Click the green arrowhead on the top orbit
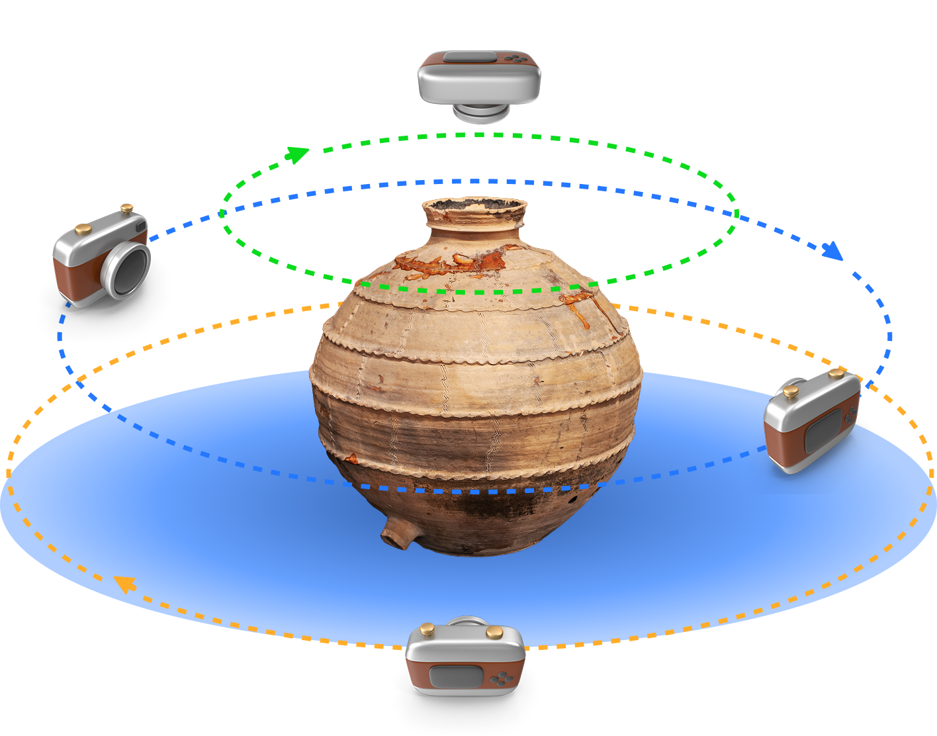(x=297, y=154)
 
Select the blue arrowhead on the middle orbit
(x=833, y=250)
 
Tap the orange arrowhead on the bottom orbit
(x=124, y=584)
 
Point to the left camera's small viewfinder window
(x=141, y=226)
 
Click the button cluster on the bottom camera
(x=504, y=678)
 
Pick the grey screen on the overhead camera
(x=470, y=57)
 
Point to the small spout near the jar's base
(x=396, y=535)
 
